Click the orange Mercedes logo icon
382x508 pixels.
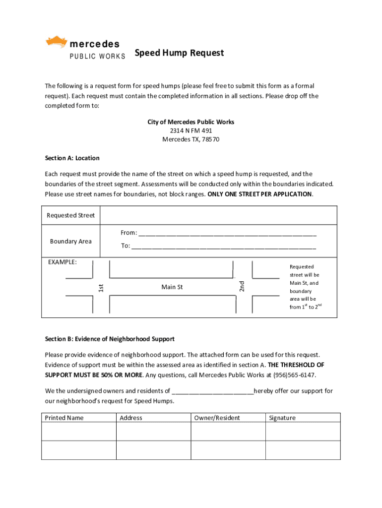click(56, 42)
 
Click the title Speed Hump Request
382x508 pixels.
click(179, 53)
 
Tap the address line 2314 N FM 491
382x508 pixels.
click(191, 130)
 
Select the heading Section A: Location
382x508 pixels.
click(72, 158)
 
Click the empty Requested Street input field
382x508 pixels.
click(218, 216)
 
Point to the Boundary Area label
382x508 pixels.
click(70, 242)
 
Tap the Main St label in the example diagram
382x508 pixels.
click(172, 287)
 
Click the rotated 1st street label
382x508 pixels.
click(100, 287)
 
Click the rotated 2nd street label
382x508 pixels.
click(242, 286)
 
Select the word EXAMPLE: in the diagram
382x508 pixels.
click(63, 262)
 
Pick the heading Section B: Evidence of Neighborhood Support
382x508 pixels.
click(110, 339)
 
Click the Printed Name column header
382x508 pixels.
click(64, 418)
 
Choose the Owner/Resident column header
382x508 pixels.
click(217, 418)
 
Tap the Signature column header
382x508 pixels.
click(282, 418)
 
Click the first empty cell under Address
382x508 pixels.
click(153, 432)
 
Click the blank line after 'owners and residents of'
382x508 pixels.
click(212, 391)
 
